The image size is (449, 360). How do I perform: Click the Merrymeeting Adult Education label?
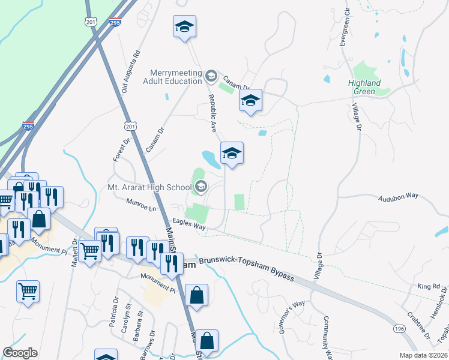[x=173, y=76]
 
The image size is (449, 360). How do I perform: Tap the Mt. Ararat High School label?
[x=149, y=187]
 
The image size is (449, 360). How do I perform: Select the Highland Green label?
[x=364, y=87]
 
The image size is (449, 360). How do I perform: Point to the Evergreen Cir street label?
[x=345, y=28]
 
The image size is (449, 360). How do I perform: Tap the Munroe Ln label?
[x=141, y=205]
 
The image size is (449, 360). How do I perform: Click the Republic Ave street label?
[x=212, y=113]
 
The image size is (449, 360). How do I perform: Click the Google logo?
[x=20, y=353]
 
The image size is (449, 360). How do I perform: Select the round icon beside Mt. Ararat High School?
[x=200, y=187]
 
